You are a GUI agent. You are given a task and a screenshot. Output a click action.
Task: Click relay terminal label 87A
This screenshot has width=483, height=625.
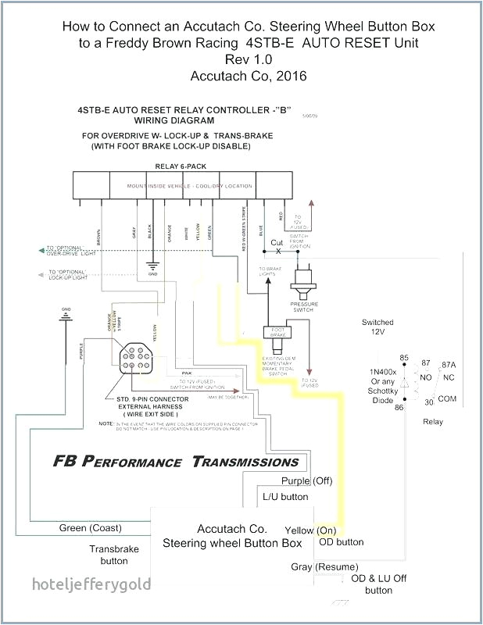(449, 364)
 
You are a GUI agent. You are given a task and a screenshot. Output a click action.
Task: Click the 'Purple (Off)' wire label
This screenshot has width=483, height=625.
(306, 480)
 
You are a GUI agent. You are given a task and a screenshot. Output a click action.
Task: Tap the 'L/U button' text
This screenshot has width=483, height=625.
(284, 496)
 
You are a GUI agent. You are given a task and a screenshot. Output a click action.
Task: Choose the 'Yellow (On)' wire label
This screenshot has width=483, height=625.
(311, 529)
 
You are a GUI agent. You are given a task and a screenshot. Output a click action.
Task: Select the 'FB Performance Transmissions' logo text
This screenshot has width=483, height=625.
(176, 461)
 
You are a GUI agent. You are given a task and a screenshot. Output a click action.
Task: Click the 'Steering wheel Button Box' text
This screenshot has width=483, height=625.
(232, 542)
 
